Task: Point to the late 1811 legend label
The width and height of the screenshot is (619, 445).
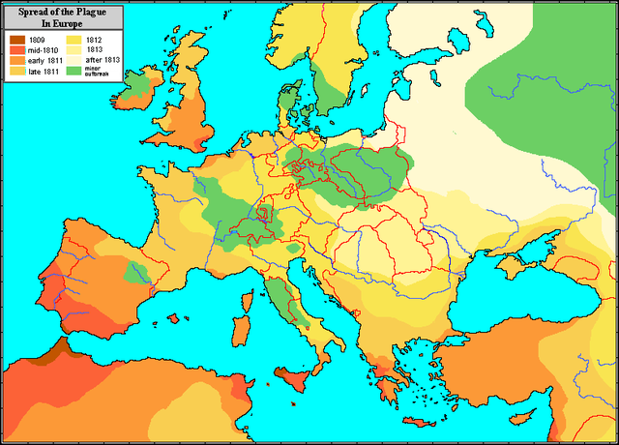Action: pos(44,71)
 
